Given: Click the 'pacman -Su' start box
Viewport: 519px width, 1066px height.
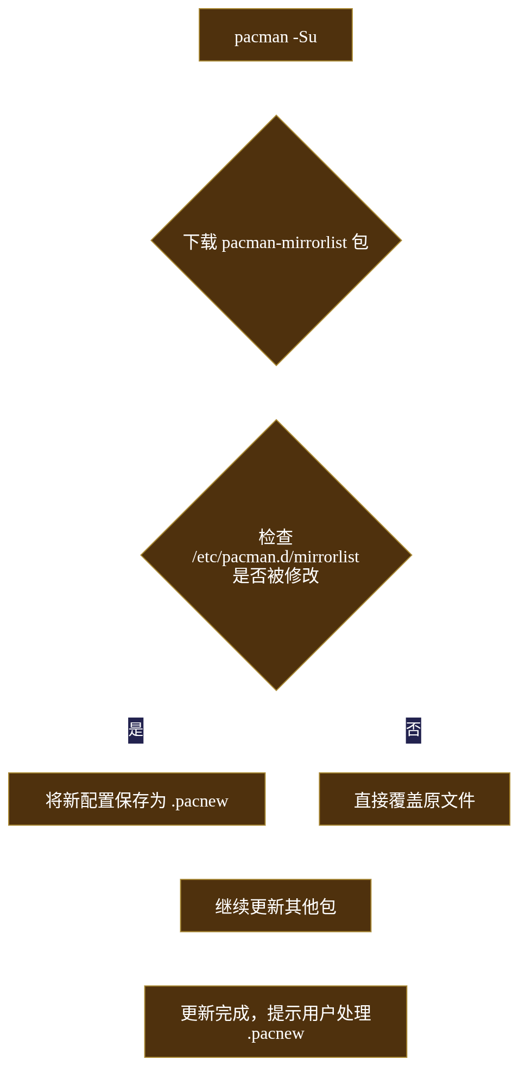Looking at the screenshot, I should [x=275, y=35].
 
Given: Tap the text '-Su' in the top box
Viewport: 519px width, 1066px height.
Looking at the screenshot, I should [x=305, y=37].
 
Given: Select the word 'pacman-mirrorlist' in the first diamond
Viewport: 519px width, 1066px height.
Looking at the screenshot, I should [x=284, y=243].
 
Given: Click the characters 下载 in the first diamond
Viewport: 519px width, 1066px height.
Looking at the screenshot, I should [x=200, y=242].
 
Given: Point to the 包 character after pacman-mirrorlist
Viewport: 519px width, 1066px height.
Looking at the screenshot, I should [x=360, y=242].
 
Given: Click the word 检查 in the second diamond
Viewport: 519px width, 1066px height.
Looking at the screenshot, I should [x=276, y=537].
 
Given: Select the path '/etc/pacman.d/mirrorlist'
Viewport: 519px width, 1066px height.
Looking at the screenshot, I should [x=276, y=557].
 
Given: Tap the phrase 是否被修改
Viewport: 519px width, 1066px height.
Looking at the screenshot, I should [x=276, y=575].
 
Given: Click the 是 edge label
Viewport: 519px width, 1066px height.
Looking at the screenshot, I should [x=136, y=730].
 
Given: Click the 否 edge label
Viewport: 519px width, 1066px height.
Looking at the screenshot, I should [x=414, y=730].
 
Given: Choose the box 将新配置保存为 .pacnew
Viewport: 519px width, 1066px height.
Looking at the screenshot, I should [x=137, y=799].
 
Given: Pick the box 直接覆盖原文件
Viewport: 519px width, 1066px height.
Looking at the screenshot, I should [x=415, y=799].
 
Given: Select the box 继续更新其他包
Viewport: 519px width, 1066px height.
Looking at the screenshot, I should [x=276, y=905].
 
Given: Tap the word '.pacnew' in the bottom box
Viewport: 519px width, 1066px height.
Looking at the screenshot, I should [x=276, y=1034].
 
